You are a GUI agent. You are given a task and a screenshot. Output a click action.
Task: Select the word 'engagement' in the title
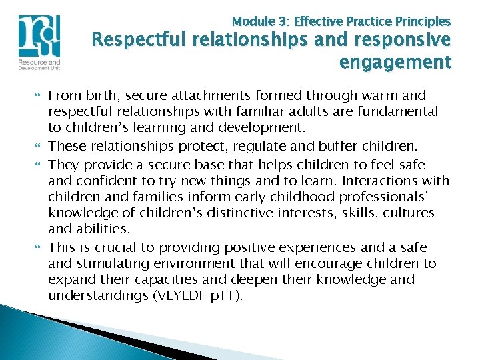click(395, 63)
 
